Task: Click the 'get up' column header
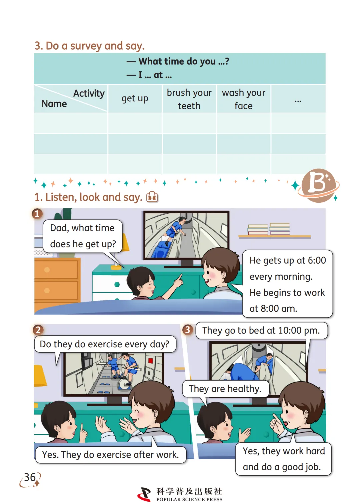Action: [135, 99]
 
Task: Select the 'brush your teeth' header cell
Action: [189, 99]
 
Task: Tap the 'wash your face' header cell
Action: [243, 99]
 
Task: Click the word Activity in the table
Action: [89, 93]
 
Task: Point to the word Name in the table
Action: [54, 104]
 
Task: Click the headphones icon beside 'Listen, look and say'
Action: [152, 197]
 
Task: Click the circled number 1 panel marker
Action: [37, 214]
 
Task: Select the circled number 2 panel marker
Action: [38, 330]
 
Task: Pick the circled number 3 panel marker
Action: [187, 330]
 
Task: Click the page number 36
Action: [30, 477]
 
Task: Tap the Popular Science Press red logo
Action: [144, 494]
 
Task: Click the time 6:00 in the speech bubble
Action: [317, 260]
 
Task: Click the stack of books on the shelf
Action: [269, 229]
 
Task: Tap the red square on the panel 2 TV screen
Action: [150, 361]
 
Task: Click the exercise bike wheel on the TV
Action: [124, 384]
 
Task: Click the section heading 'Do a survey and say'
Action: [89, 46]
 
